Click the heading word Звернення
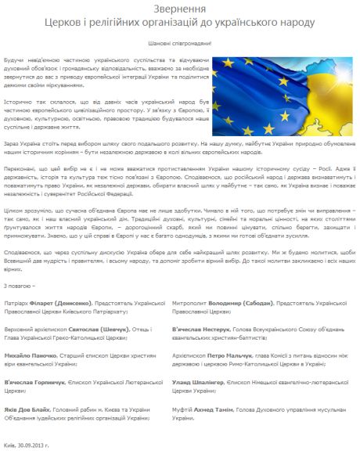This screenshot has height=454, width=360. pyautogui.click(x=179, y=7)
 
